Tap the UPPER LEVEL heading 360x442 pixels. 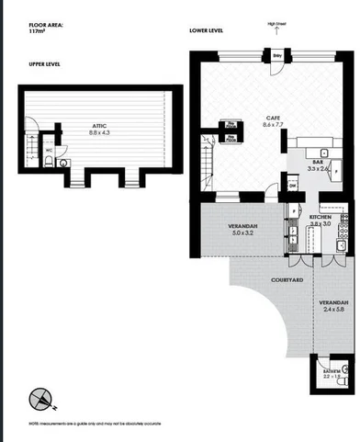coord(44,63)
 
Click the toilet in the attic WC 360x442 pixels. coord(61,163)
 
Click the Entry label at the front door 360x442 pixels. coord(277,56)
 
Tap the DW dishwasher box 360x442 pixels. coord(292,186)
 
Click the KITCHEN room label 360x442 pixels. coord(321,217)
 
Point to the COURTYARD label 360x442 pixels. coord(288,279)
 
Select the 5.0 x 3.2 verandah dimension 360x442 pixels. coord(243,233)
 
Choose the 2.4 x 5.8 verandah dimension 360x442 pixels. coord(333,310)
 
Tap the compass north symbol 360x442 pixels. coord(41,398)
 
